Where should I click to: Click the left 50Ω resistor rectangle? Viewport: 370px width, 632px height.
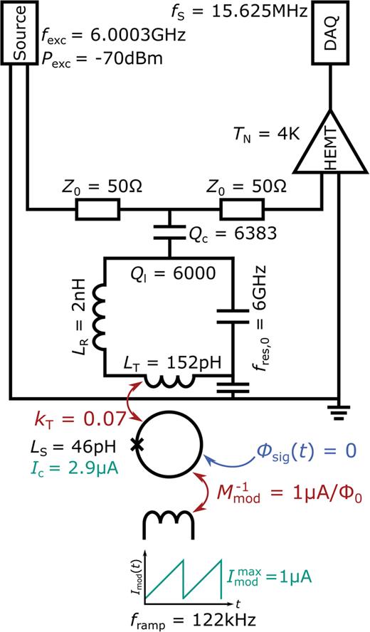(97, 209)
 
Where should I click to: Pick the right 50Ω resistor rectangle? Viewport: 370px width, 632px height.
(241, 209)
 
